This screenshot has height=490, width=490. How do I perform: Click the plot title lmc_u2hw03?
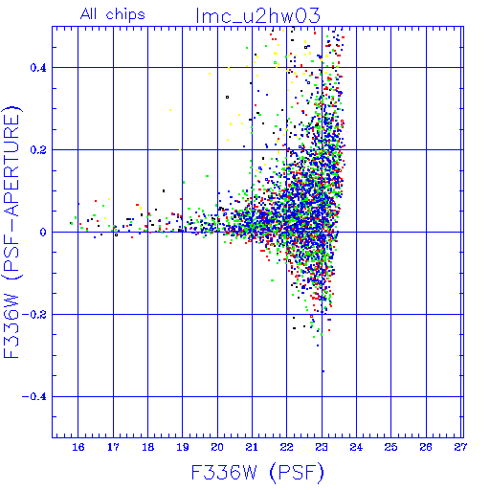tap(257, 16)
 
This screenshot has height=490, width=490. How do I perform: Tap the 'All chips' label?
tap(113, 14)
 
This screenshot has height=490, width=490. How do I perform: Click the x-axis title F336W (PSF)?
tap(257, 472)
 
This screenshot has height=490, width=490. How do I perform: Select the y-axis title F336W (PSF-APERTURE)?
tap(11, 233)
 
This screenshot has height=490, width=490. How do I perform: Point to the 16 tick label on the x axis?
tap(78, 447)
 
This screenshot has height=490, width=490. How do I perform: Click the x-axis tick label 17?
tap(113, 447)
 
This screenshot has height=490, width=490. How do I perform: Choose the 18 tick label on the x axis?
tap(147, 447)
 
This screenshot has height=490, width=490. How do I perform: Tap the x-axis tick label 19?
tap(183, 447)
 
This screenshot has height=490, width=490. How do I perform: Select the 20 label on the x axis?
tap(217, 447)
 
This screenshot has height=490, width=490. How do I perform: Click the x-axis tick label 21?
tap(252, 447)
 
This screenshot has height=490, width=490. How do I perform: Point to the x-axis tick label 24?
tap(356, 447)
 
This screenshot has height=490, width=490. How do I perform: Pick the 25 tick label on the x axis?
tap(391, 447)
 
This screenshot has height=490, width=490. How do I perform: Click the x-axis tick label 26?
tap(426, 447)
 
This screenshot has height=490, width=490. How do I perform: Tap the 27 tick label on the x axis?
tap(460, 447)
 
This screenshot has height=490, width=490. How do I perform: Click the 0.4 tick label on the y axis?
tap(38, 68)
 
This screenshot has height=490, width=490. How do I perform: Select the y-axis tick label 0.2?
tap(38, 150)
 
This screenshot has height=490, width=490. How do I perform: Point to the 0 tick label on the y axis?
tap(43, 233)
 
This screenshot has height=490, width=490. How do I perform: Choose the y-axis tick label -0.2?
tap(34, 315)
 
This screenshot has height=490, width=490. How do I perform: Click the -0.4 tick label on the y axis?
tap(34, 397)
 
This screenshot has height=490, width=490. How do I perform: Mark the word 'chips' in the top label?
tap(125, 15)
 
